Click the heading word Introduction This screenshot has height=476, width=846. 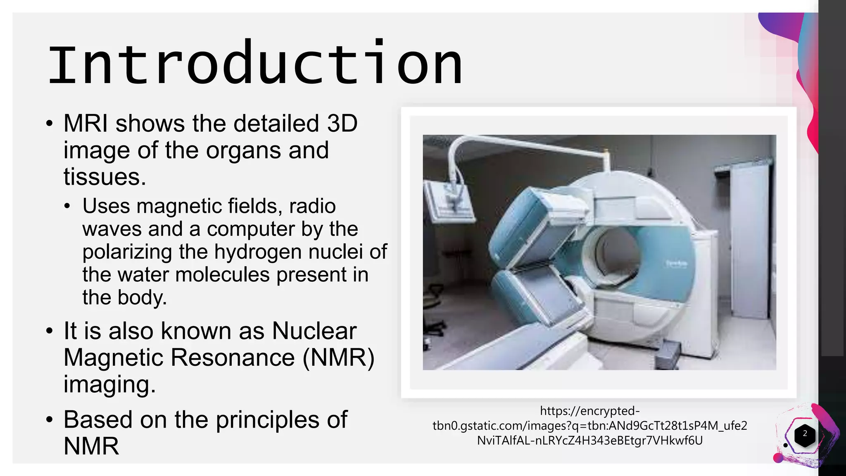click(x=255, y=63)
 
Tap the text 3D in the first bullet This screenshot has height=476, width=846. click(x=342, y=123)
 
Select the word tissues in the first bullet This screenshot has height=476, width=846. click(x=105, y=176)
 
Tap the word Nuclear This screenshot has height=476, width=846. click(x=314, y=331)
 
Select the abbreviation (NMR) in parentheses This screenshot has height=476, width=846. click(x=338, y=357)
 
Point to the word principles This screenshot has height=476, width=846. click(x=267, y=420)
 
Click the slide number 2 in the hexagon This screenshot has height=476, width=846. click(x=805, y=434)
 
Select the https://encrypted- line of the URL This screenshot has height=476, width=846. click(x=589, y=411)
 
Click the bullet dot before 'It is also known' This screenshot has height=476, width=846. click(x=50, y=331)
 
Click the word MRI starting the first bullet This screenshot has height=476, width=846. click(x=86, y=123)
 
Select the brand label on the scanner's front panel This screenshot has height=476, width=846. click(x=676, y=263)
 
